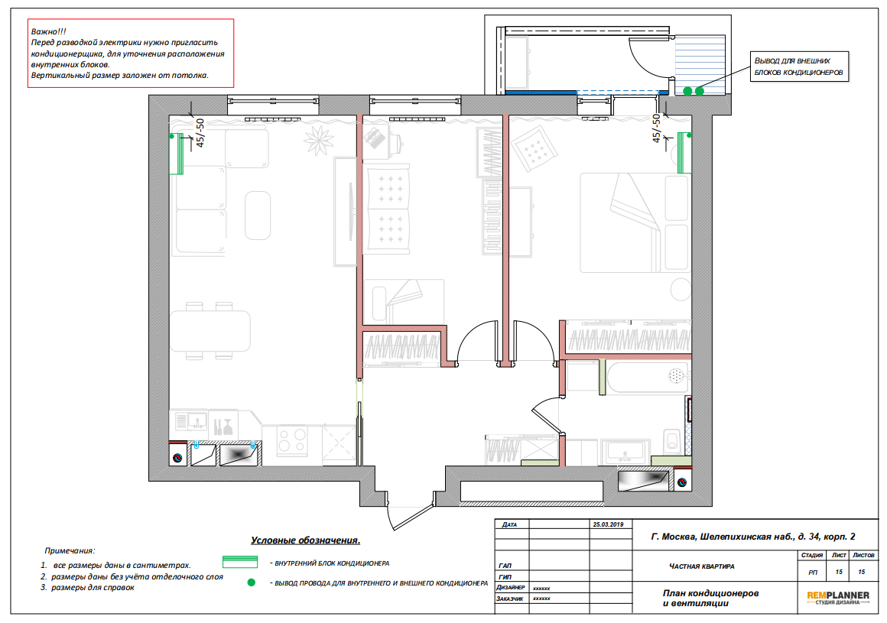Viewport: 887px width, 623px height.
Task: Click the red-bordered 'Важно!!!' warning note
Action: (x=131, y=54)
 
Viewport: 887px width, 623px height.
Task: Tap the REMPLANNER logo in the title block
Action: (x=838, y=598)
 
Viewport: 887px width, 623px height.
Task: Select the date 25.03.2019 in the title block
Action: (x=608, y=524)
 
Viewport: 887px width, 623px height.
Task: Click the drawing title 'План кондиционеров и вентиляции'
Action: (x=710, y=598)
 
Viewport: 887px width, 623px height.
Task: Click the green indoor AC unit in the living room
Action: (x=177, y=154)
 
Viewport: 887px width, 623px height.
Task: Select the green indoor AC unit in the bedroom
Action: (x=684, y=153)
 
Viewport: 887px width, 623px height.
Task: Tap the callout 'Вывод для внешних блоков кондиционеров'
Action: (x=799, y=67)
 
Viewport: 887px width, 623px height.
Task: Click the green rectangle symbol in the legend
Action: (x=240, y=562)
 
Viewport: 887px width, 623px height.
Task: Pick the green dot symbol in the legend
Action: (x=251, y=582)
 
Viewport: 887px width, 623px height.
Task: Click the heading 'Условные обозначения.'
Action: (x=305, y=540)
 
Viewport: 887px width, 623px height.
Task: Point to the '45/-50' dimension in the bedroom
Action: (x=656, y=128)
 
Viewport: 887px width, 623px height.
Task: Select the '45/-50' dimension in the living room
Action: (x=200, y=133)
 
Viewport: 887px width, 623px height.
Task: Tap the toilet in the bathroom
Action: (x=672, y=441)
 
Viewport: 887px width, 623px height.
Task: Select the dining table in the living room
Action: (x=210, y=331)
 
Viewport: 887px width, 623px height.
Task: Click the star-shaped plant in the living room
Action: (x=319, y=140)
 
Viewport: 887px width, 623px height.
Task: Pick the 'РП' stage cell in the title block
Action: (x=812, y=572)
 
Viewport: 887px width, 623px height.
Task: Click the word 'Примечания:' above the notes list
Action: (x=70, y=550)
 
